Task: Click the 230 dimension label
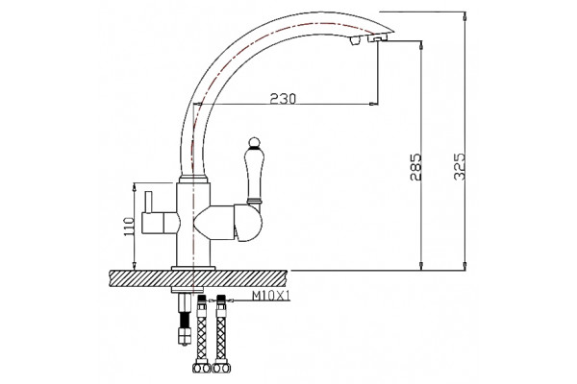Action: tap(283, 98)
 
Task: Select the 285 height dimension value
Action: tap(415, 167)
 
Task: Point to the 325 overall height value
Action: tap(460, 166)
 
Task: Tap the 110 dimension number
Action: tap(129, 227)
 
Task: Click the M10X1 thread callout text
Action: tap(271, 296)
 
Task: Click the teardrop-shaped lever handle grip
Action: tap(253, 173)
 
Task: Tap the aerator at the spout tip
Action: tap(378, 37)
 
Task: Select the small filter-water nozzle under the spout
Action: tap(354, 41)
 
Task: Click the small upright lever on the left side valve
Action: tap(148, 203)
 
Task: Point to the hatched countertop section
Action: tap(198, 278)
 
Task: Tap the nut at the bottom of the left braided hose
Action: tap(202, 368)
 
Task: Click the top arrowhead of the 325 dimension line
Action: tap(465, 15)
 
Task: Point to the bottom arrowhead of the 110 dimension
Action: tap(135, 266)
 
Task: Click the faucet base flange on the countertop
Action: tap(193, 268)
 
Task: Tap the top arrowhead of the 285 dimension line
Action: tap(421, 45)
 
